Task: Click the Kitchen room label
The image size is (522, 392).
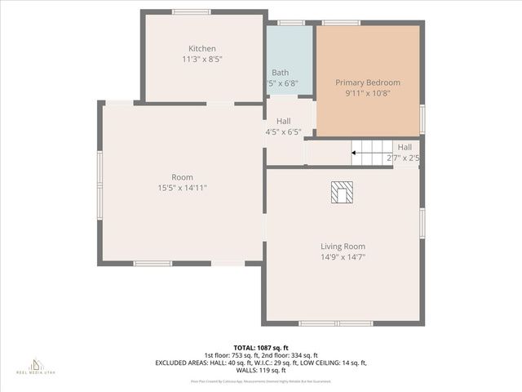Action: pyautogui.click(x=202, y=48)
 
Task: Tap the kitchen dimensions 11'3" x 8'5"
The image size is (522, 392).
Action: pyautogui.click(x=202, y=59)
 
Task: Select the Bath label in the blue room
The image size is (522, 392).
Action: pyautogui.click(x=280, y=73)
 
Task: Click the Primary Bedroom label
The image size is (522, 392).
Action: pyautogui.click(x=368, y=82)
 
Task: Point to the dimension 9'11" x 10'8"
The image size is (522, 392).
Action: pyautogui.click(x=368, y=93)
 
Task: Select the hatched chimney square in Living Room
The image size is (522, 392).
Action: pyautogui.click(x=343, y=192)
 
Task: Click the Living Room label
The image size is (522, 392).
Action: pyautogui.click(x=343, y=246)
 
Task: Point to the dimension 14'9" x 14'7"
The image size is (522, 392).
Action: pyautogui.click(x=343, y=256)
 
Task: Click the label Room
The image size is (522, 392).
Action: pyautogui.click(x=182, y=177)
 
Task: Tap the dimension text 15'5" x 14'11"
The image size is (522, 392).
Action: pyautogui.click(x=182, y=188)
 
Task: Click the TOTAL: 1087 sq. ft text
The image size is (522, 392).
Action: pyautogui.click(x=261, y=348)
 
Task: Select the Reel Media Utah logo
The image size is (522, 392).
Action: pyautogui.click(x=35, y=365)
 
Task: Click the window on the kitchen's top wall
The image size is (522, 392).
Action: pyautogui.click(x=191, y=11)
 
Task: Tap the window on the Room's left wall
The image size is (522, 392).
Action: pyautogui.click(x=100, y=185)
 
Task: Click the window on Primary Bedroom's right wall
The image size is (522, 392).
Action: pyautogui.click(x=422, y=118)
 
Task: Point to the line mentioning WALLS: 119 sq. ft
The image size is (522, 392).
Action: pyautogui.click(x=261, y=370)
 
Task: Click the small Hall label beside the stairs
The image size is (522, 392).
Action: pyautogui.click(x=405, y=147)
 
